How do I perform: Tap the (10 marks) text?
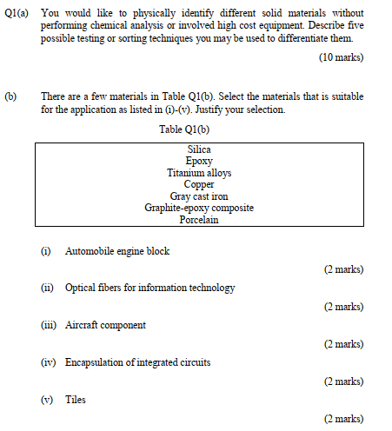click(x=342, y=57)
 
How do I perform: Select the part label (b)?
click(x=10, y=96)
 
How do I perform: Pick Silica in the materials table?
click(x=199, y=149)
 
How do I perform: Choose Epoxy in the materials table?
click(x=199, y=161)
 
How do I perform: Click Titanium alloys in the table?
click(x=199, y=173)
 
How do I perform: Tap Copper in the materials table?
click(x=199, y=184)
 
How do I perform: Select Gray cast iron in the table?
click(x=199, y=196)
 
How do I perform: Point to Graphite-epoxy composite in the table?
click(x=199, y=208)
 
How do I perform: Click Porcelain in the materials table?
click(x=199, y=220)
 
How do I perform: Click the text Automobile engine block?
click(x=117, y=251)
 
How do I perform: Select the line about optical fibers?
click(x=149, y=288)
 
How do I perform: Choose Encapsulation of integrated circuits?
click(x=137, y=362)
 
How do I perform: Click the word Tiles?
click(x=76, y=400)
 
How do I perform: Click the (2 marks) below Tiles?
click(x=343, y=419)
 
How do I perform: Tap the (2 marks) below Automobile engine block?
click(x=343, y=269)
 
